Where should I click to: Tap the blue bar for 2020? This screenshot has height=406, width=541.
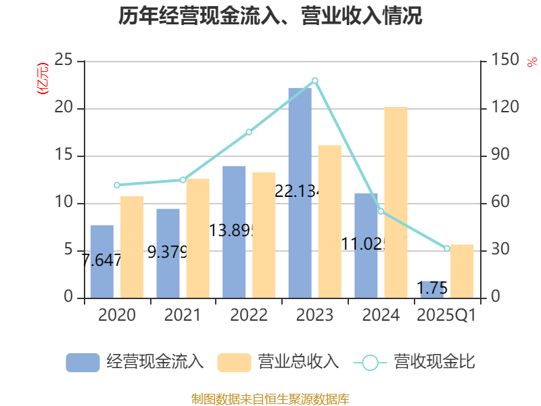101,261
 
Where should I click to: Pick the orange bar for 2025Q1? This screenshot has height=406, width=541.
462,271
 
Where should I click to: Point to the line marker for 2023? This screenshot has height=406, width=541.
315,81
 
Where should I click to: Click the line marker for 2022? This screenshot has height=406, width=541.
249,132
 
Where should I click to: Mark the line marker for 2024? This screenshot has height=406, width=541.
381,211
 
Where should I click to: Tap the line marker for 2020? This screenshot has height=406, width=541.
117,185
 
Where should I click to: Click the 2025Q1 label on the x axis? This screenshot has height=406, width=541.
446,315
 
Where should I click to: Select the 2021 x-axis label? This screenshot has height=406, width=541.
183,315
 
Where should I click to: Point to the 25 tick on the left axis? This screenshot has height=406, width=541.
64,61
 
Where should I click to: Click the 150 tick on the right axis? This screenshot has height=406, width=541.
505,61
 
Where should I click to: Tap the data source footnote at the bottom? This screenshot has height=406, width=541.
270,399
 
